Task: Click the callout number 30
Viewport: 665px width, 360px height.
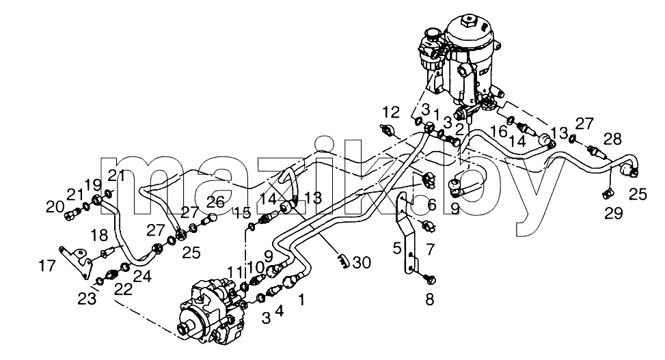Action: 362,263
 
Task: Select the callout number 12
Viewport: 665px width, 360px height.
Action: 391,112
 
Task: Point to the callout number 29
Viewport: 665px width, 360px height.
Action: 614,213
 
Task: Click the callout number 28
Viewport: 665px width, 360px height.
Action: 612,139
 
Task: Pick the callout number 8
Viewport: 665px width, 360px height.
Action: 430,300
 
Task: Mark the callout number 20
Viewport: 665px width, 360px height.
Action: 55,207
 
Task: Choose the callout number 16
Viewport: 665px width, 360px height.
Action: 499,131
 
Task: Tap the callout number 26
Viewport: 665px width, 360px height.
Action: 215,202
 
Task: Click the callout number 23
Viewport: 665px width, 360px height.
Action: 87,299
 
